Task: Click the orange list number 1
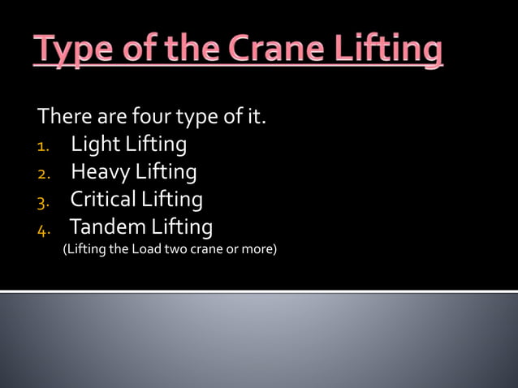point(44,147)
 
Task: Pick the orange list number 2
point(44,174)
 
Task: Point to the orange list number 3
point(44,200)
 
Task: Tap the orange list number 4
point(44,228)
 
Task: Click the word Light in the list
point(93,145)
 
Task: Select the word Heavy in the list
point(99,173)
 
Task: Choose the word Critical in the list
point(103,199)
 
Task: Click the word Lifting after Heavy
point(166,173)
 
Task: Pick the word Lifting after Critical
point(172,199)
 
